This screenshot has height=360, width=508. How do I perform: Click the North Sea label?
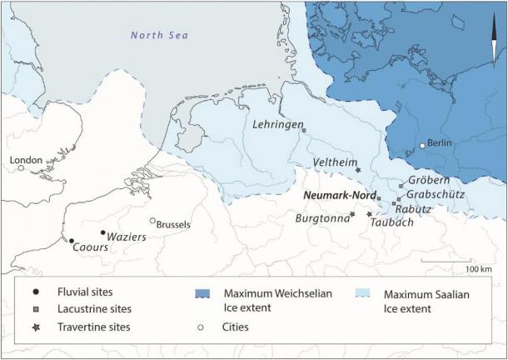160,35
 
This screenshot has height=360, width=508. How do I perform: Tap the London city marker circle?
21,167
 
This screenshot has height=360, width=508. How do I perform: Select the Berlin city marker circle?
422,145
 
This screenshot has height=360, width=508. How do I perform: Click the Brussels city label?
174,224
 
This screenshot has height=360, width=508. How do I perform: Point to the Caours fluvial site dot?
72,241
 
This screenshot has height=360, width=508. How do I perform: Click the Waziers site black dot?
102,233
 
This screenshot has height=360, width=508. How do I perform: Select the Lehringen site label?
276,124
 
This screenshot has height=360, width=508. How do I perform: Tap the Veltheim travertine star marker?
358,171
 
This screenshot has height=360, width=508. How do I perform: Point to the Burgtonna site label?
321,217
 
